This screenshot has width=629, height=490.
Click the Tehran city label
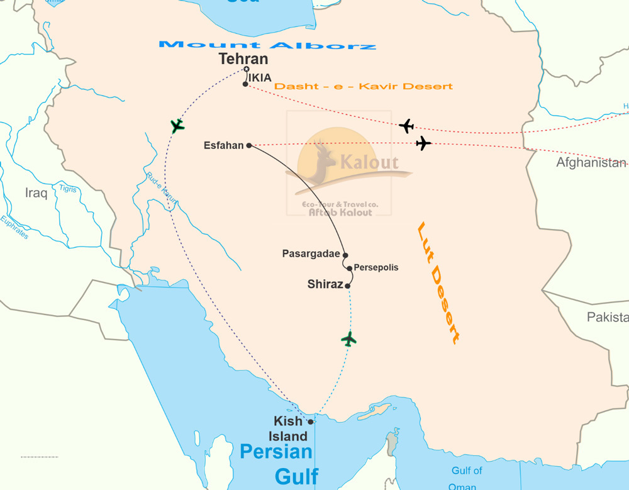(x=243, y=59)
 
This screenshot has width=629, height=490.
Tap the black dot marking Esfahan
(x=249, y=145)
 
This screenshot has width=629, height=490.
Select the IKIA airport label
(x=260, y=77)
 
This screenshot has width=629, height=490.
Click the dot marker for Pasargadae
(x=345, y=255)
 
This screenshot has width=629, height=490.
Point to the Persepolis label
(x=376, y=267)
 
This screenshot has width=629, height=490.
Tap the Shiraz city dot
(x=347, y=286)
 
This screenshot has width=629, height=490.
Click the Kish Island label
(x=290, y=428)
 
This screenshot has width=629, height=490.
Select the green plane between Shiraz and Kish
(x=349, y=339)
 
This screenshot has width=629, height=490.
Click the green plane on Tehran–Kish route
(x=177, y=126)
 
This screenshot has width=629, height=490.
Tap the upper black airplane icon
(x=407, y=126)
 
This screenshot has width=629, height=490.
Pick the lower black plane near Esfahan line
(x=423, y=144)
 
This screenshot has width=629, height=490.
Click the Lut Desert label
(x=438, y=283)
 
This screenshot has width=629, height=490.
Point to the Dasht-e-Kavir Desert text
(x=364, y=86)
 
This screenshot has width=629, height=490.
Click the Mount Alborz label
(x=267, y=45)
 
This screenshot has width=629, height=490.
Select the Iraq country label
(x=36, y=193)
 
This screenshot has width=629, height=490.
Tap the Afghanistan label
(x=591, y=163)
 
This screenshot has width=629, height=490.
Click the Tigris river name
(x=68, y=189)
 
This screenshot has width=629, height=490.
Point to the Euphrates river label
(x=14, y=228)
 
